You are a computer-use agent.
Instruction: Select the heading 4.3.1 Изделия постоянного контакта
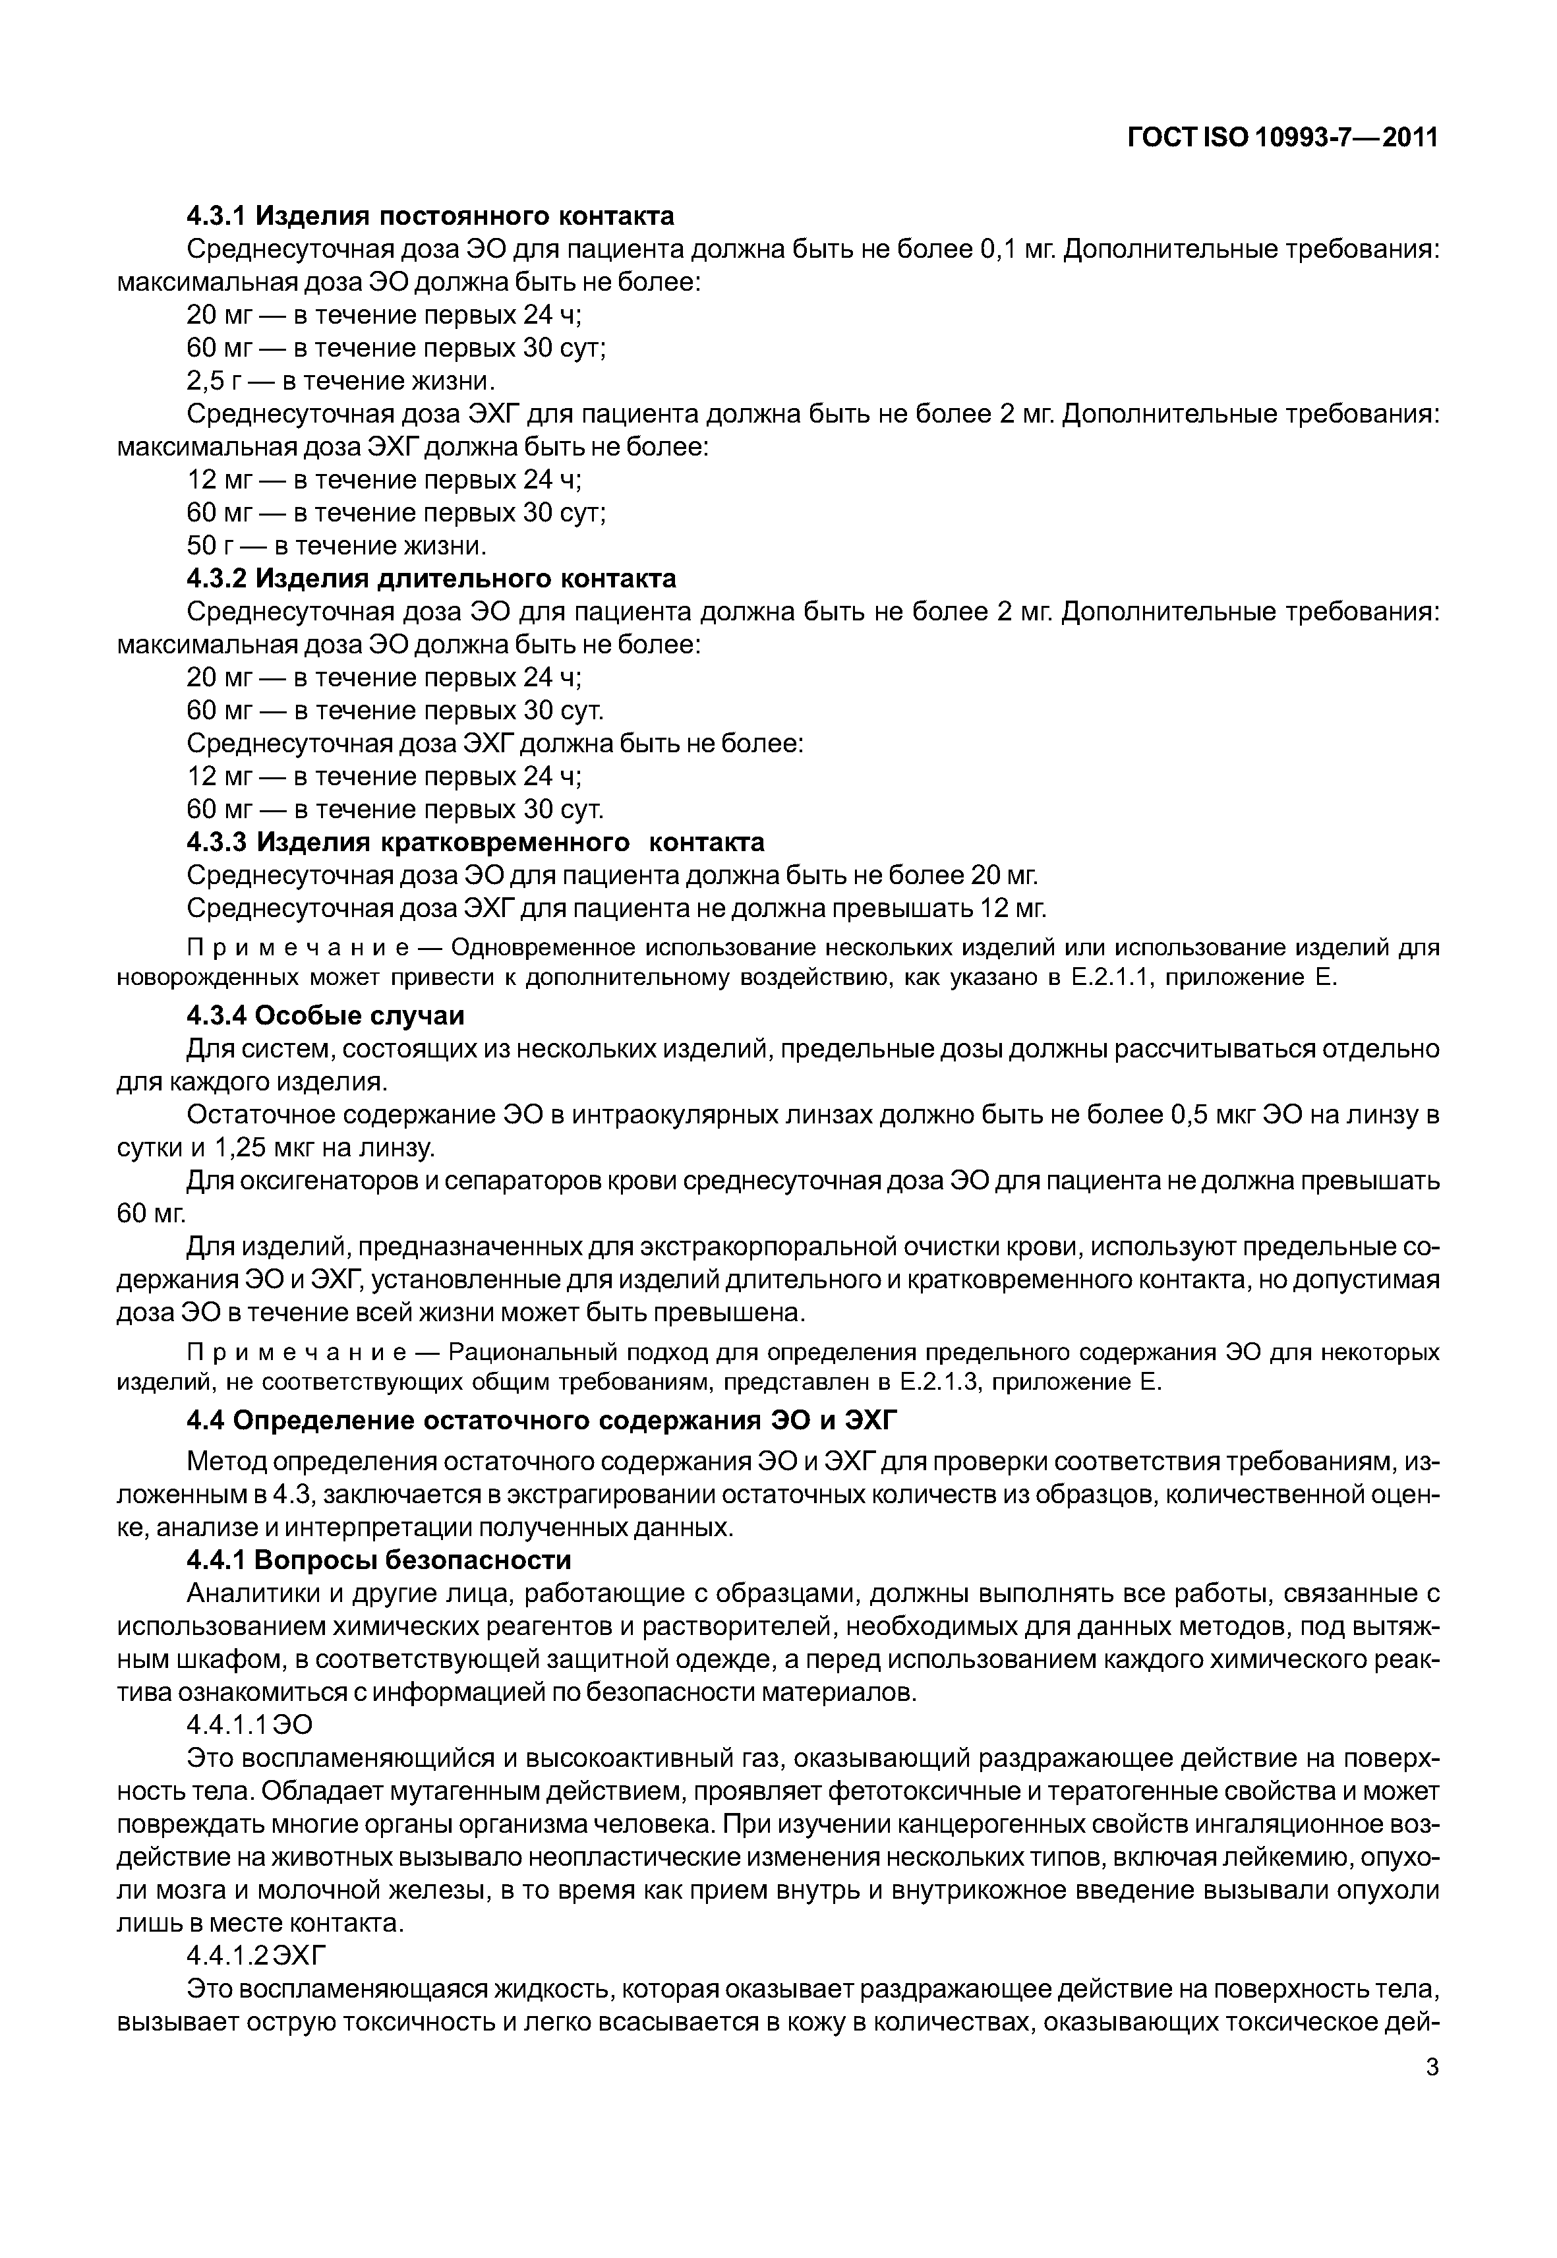click(x=430, y=215)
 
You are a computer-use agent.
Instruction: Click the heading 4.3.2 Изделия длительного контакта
click(x=431, y=579)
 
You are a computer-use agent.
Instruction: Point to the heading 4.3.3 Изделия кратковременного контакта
click(x=475, y=842)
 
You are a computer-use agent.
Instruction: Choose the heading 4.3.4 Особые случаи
click(x=325, y=1016)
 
